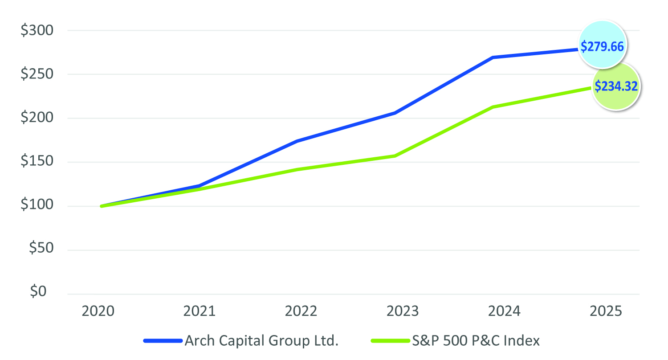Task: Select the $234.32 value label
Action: point(616,86)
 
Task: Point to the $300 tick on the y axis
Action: point(37,31)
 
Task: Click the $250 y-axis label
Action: point(37,74)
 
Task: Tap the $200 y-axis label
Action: point(37,119)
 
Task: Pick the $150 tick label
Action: point(37,162)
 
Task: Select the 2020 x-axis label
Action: point(98,311)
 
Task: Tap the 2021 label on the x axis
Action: point(200,311)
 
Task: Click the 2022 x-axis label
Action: point(301,311)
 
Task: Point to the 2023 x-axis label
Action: point(403,311)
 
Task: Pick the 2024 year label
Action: point(504,311)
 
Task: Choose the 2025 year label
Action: point(605,311)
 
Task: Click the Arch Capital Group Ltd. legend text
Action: point(261,341)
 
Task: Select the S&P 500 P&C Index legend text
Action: point(475,341)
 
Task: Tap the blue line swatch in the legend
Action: point(163,341)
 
